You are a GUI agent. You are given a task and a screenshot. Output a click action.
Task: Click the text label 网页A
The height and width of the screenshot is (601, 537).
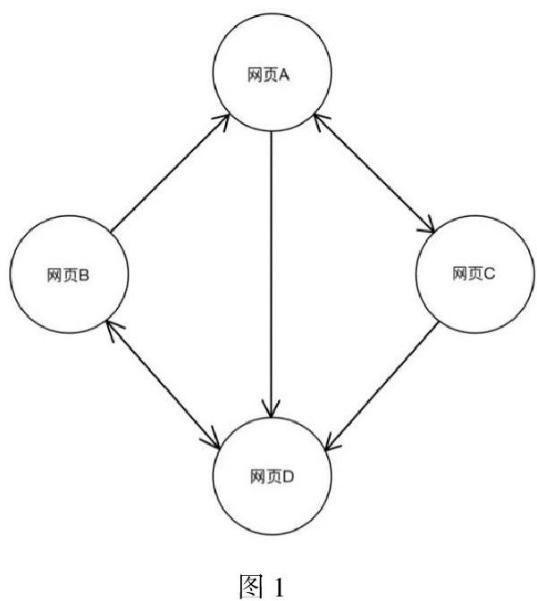(x=271, y=76)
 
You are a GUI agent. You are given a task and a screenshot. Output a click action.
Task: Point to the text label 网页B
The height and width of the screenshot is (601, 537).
(x=66, y=275)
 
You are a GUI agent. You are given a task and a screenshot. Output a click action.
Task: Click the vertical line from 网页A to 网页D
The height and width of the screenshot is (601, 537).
(x=270, y=268)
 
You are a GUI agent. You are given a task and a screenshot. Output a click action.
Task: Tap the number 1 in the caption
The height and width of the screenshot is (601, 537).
(x=278, y=586)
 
